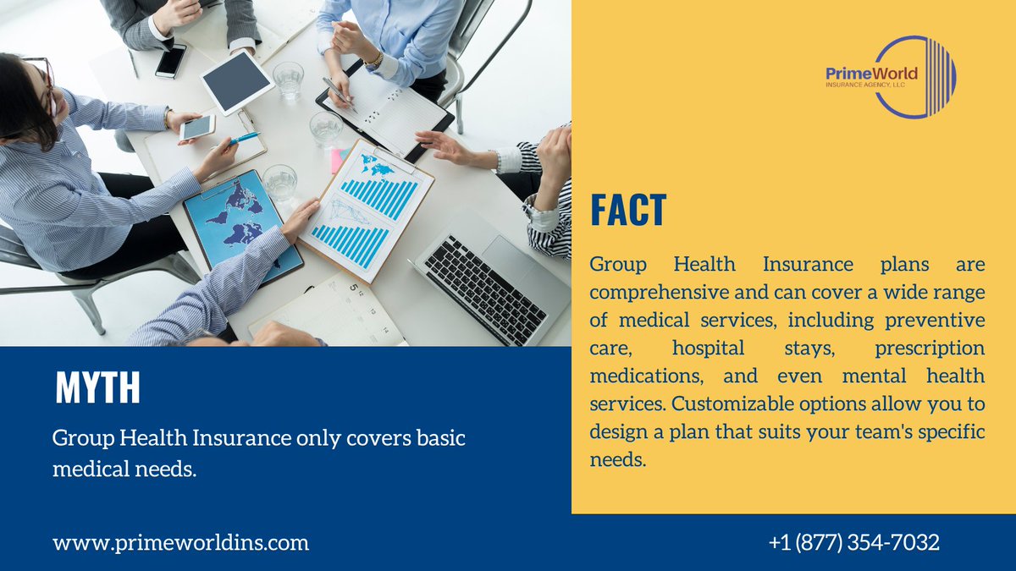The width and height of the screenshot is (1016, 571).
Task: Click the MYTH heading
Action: point(97,388)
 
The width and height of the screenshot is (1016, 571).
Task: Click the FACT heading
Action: point(628,210)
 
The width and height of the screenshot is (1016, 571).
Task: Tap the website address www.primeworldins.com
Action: point(180,542)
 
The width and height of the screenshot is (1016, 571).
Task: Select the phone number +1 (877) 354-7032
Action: point(854,542)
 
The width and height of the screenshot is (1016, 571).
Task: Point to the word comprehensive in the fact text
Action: point(660,293)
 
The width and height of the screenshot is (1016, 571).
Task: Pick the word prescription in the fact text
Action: point(930,348)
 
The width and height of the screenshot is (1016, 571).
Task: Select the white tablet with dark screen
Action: point(237,82)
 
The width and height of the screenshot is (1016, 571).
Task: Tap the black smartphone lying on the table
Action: point(170,61)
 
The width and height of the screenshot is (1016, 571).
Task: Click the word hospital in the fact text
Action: point(708,348)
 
